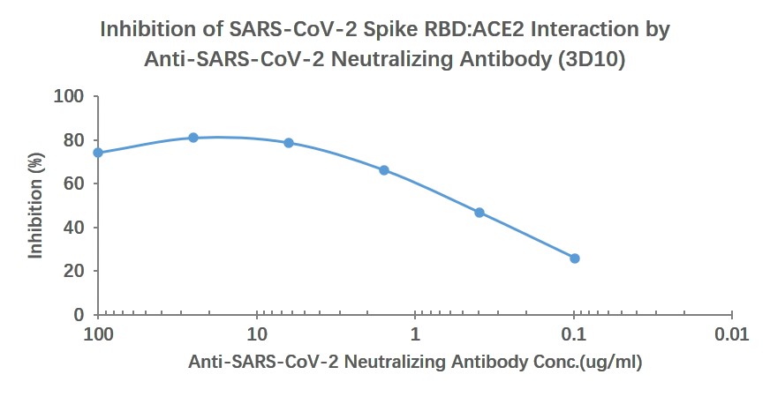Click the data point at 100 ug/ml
point(98,153)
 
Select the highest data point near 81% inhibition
point(193,138)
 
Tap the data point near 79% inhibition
point(289,143)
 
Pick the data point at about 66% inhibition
point(384,170)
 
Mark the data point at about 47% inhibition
point(479,213)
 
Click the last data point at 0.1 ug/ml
point(575,258)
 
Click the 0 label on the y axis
point(79,315)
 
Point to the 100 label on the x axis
point(98,335)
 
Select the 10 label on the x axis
point(257,335)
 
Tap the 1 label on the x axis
point(415,335)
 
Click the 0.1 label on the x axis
point(574,335)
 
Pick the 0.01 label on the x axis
point(732,335)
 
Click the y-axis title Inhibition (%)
point(36,205)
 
